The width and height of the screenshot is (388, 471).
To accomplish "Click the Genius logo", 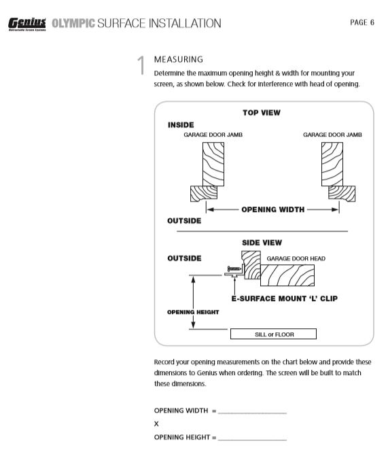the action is [x=27, y=24].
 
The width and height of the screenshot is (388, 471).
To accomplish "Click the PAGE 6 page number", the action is [x=362, y=22].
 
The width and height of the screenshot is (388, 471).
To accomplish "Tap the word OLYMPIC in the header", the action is [x=73, y=23].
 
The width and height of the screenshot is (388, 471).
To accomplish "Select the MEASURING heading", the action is [x=179, y=60].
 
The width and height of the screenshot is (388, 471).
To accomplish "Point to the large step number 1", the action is [x=141, y=65].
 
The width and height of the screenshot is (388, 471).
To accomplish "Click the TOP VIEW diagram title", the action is [x=262, y=113].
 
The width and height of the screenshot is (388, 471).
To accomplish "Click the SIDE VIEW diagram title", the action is [x=262, y=243].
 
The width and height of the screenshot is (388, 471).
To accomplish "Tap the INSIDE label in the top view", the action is [x=181, y=125].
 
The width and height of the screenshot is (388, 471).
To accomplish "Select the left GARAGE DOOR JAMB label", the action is [x=213, y=135].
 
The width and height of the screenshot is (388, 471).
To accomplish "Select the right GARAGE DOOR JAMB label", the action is [x=332, y=135].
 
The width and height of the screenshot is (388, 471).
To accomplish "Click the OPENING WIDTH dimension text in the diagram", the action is [x=273, y=209].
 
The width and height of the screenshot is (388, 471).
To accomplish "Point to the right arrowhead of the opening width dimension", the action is [x=335, y=209].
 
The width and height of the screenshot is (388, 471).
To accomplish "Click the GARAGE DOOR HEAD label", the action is [x=296, y=259].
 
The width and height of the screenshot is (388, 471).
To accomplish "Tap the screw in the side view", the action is [x=234, y=268].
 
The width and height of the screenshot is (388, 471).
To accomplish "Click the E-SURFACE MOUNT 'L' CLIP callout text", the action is [x=285, y=298].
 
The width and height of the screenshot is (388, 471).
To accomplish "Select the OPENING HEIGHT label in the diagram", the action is [x=193, y=312].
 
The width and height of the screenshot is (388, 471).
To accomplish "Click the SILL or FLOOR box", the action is [x=273, y=334].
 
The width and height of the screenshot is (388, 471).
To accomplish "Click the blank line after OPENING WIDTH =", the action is [x=252, y=413].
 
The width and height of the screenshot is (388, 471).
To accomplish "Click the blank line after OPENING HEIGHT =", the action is [x=252, y=440].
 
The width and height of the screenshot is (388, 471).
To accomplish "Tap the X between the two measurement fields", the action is [x=156, y=424].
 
